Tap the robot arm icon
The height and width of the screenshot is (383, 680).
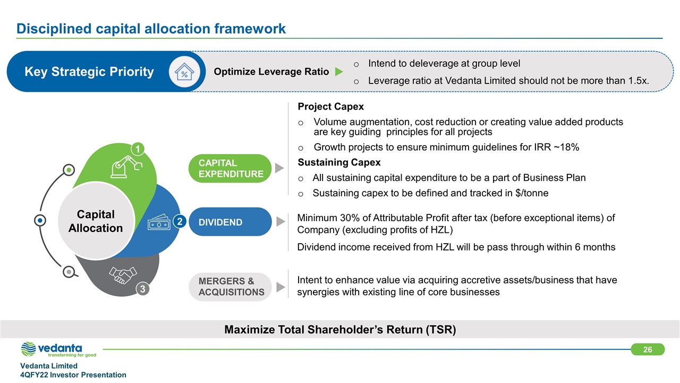(126, 166)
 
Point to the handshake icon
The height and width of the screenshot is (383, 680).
(123, 275)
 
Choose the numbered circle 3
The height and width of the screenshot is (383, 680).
(142, 289)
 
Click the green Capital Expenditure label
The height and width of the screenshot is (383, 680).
(231, 168)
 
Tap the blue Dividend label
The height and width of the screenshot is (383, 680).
(231, 222)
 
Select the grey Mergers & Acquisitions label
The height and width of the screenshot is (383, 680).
(231, 287)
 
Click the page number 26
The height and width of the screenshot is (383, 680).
(648, 349)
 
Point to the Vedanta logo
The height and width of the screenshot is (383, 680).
(58, 349)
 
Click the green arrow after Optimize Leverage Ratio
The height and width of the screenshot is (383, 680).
(338, 72)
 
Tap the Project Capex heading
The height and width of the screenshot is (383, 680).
(331, 107)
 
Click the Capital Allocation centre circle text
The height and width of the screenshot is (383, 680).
(96, 221)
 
